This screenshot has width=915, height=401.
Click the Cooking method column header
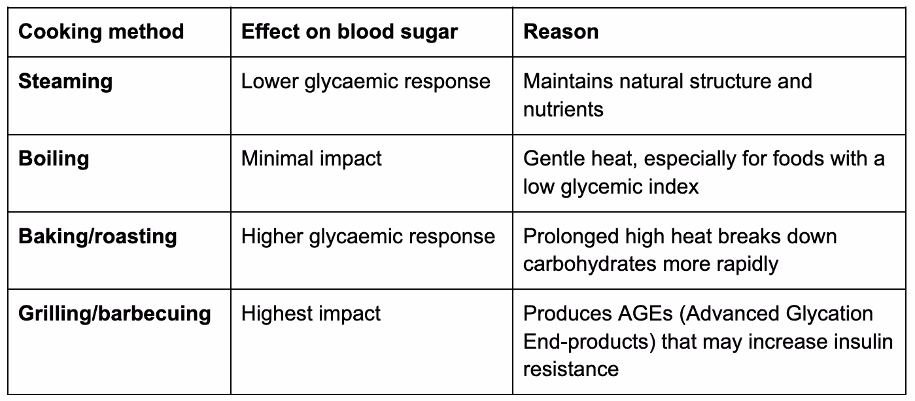pyautogui.click(x=101, y=32)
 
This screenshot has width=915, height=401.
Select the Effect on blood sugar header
pyautogui.click(x=349, y=32)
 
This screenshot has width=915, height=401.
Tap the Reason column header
pyautogui.click(x=561, y=31)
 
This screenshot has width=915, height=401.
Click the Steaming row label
pyautogui.click(x=65, y=82)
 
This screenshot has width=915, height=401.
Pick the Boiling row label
pyautogui.click(x=54, y=159)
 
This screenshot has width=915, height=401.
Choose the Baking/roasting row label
pyautogui.click(x=97, y=236)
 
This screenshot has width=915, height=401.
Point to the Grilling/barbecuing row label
pyautogui.click(x=114, y=314)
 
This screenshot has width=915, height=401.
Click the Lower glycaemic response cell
pyautogui.click(x=366, y=82)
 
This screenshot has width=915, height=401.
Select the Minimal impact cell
pyautogui.click(x=311, y=159)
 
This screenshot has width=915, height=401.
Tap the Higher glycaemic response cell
pyautogui.click(x=368, y=236)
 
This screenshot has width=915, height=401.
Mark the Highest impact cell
pyautogui.click(x=311, y=314)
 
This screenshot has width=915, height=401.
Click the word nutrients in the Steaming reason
pyautogui.click(x=563, y=109)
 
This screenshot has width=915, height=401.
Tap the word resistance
pyautogui.click(x=571, y=369)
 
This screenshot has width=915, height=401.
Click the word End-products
pyautogui.click(x=589, y=341)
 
